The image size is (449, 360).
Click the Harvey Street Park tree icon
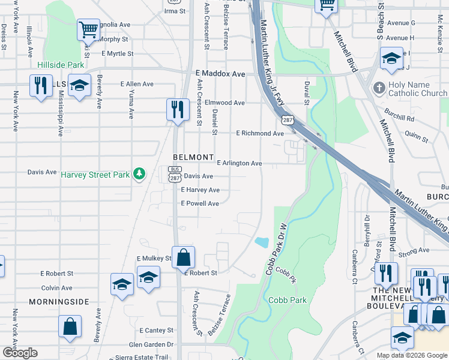point(139,174)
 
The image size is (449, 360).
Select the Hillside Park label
point(61,65)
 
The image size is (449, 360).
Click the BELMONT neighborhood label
point(193,157)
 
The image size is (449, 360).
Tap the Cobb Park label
point(288,300)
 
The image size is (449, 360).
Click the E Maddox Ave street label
point(220,74)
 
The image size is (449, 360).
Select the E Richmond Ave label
point(259,133)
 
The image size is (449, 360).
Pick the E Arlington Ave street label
point(240,163)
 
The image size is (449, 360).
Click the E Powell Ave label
point(200,203)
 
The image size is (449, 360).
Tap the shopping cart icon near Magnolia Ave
point(88,29)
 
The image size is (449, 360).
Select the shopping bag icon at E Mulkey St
point(183,256)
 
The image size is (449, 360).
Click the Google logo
point(20,353)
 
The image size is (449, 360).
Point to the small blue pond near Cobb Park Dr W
point(262,242)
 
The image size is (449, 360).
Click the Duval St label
point(306,94)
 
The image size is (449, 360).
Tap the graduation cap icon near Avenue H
point(391,58)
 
